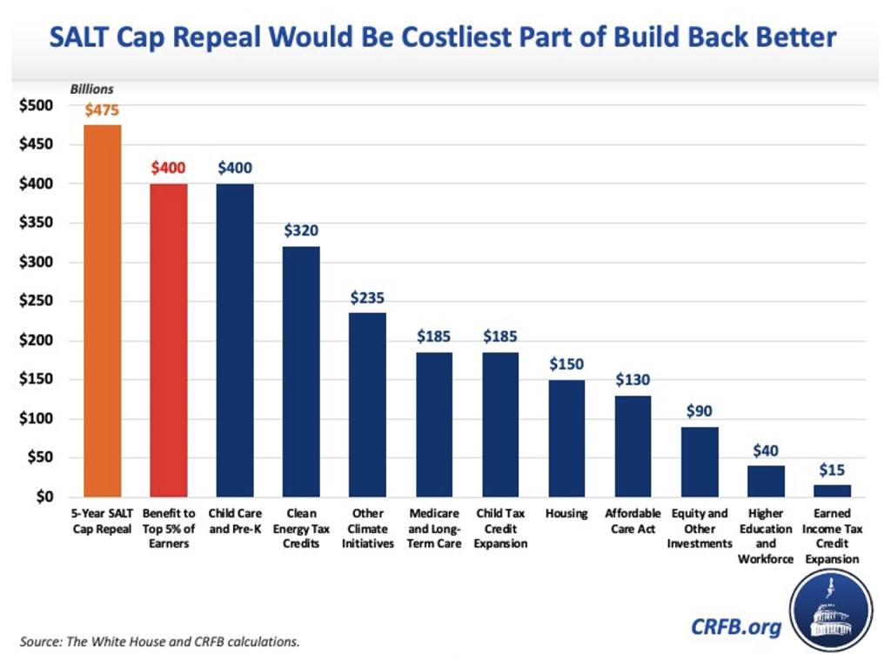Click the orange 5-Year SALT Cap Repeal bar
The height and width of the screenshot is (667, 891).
103,310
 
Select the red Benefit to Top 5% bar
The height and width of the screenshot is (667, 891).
169,340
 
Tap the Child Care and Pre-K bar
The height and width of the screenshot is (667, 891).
235,340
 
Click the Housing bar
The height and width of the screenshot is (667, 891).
567,438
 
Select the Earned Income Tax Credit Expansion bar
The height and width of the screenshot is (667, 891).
833,490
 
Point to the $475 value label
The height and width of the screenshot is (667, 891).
103,110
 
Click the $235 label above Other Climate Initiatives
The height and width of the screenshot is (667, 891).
368,297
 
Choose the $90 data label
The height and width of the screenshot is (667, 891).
700,411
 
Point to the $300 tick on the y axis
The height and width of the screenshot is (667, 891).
37,263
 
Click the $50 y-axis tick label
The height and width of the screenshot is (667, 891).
40,458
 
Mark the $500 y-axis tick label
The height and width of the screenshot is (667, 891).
37,106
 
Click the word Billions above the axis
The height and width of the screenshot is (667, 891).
92,89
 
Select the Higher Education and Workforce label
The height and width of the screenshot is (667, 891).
766,536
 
